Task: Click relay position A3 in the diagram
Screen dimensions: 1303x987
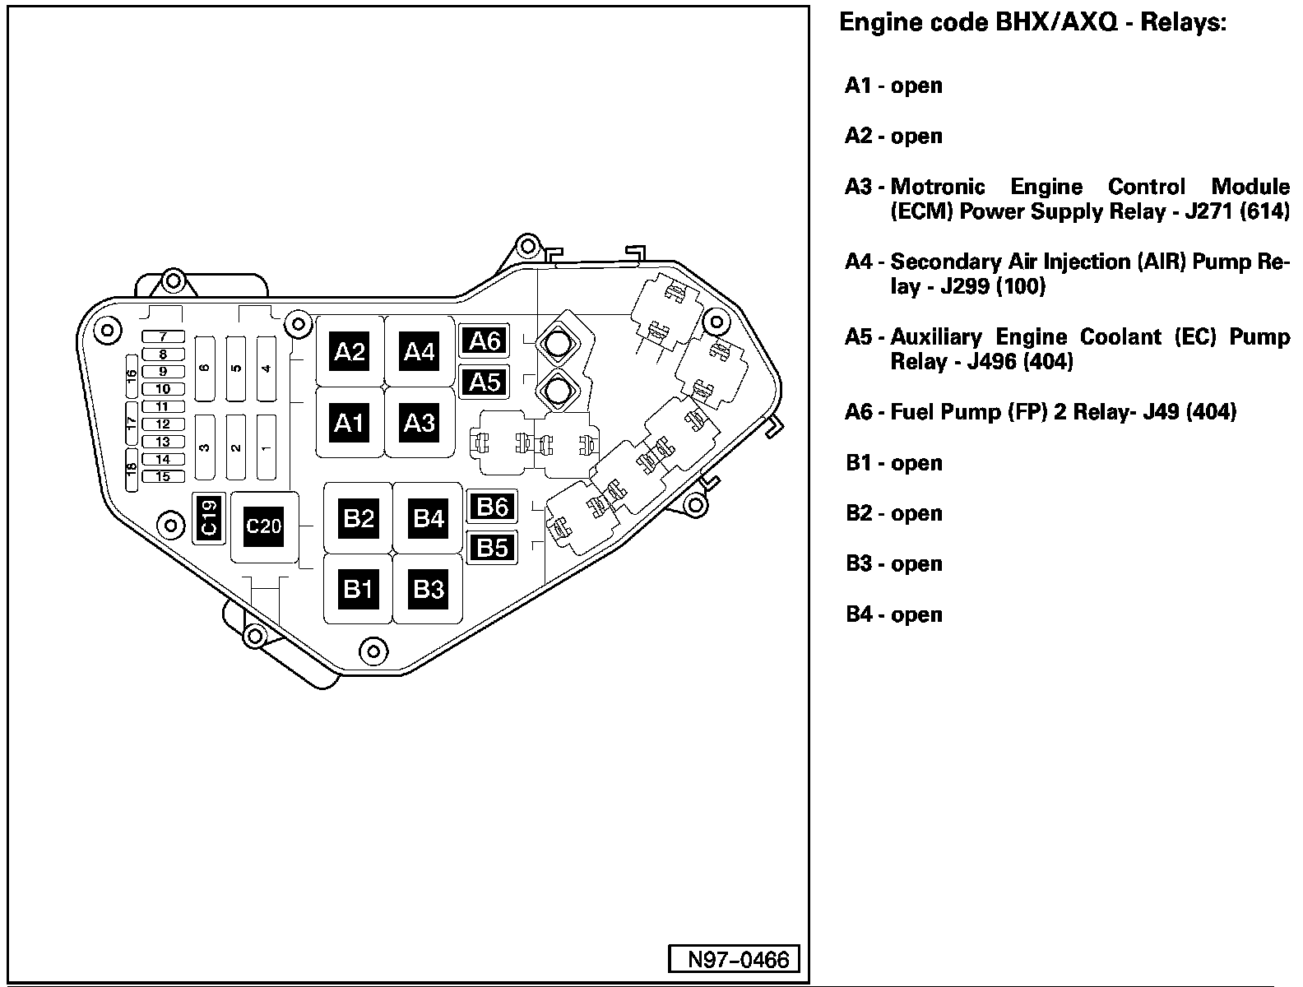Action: [x=419, y=423]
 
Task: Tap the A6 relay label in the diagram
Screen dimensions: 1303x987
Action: [x=485, y=341]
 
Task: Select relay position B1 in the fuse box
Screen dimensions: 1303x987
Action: [x=358, y=589]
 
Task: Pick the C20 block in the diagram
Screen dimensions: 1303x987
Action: [x=264, y=526]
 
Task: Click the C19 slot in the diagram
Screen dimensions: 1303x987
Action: [x=209, y=517]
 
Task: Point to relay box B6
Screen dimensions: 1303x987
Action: [x=492, y=507]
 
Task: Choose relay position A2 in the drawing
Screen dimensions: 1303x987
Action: [x=350, y=352]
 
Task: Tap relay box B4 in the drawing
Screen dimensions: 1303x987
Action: [x=428, y=518]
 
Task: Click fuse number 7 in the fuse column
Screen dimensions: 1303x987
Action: [x=163, y=337]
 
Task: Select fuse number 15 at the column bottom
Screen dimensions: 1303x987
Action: [x=163, y=476]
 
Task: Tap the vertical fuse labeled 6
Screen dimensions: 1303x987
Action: [x=205, y=368]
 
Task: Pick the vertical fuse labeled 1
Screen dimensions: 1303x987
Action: [x=266, y=447]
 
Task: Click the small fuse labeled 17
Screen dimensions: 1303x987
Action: [x=132, y=424]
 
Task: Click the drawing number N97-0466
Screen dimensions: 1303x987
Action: [x=733, y=960]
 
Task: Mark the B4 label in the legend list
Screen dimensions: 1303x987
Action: [x=860, y=614]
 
